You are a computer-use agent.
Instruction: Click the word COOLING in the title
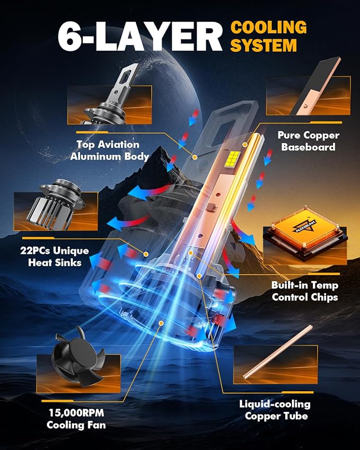tap(269, 27)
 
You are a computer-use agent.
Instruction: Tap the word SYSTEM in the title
tap(264, 46)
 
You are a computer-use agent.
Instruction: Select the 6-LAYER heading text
tap(140, 36)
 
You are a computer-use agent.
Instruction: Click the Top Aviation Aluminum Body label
tap(109, 151)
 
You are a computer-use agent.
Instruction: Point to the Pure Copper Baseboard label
tap(309, 141)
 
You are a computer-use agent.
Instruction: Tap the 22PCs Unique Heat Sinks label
tap(55, 257)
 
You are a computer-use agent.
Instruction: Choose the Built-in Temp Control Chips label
tap(305, 291)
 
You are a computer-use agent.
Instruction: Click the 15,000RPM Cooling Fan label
tap(76, 419)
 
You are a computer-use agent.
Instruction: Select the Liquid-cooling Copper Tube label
tap(275, 410)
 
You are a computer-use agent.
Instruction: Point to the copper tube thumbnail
tap(278, 352)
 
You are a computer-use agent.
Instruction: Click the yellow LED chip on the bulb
tap(233, 158)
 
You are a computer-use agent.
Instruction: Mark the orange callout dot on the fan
tap(161, 323)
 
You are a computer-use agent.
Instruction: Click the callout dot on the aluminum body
tap(195, 157)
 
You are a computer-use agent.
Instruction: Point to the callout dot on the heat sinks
tap(146, 254)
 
